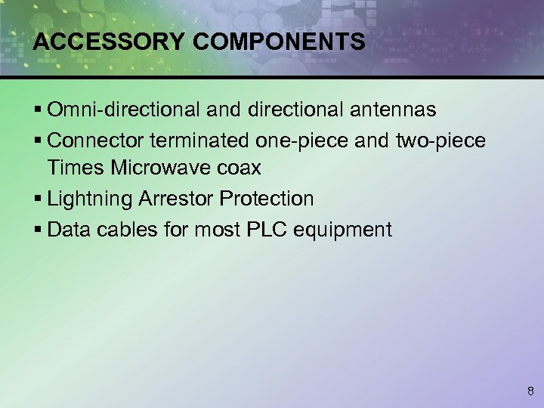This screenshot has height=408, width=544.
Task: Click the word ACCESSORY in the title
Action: [107, 42]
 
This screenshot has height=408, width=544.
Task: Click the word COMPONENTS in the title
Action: [279, 42]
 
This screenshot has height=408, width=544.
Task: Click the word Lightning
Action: [90, 199]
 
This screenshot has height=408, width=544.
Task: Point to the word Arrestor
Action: [177, 199]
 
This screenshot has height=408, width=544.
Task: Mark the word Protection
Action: [267, 199]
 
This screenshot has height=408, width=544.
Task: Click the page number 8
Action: [530, 391]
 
